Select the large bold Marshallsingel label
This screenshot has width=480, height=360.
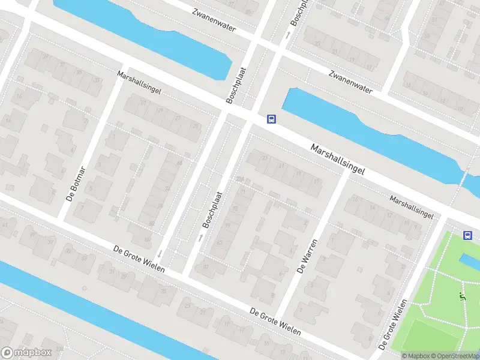338,159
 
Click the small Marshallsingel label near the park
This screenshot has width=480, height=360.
411,206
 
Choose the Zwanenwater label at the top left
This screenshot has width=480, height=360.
214,19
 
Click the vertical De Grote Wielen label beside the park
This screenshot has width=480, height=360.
394,324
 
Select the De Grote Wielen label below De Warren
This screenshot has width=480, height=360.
275,322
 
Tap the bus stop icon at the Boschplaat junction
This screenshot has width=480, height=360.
271,119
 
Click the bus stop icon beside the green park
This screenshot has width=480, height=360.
467,235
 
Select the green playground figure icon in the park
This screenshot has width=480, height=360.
462,296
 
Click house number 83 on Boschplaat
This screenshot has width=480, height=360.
220,242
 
